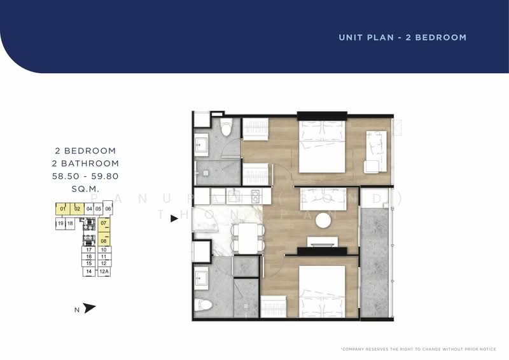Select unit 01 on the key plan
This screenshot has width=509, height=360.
[62, 209]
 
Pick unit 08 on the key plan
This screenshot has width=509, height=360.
[104, 240]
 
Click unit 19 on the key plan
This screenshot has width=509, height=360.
[60, 223]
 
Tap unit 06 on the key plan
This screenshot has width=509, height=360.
[108, 209]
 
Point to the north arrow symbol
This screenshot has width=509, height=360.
[89, 308]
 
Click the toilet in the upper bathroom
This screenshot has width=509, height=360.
[225, 128]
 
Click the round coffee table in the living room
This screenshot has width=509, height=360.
[323, 219]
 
